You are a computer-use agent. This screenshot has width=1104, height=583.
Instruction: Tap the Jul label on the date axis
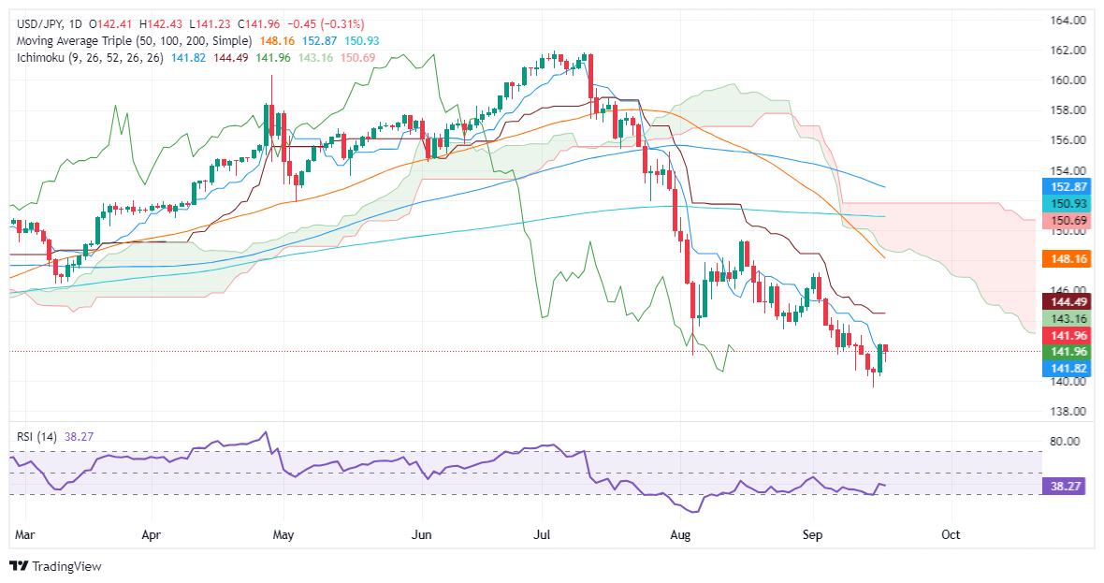point(542,534)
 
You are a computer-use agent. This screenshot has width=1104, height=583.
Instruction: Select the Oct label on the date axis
point(951,534)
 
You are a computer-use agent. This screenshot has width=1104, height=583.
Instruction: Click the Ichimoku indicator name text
point(47,57)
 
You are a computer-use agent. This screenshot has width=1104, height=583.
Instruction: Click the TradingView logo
point(55,566)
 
